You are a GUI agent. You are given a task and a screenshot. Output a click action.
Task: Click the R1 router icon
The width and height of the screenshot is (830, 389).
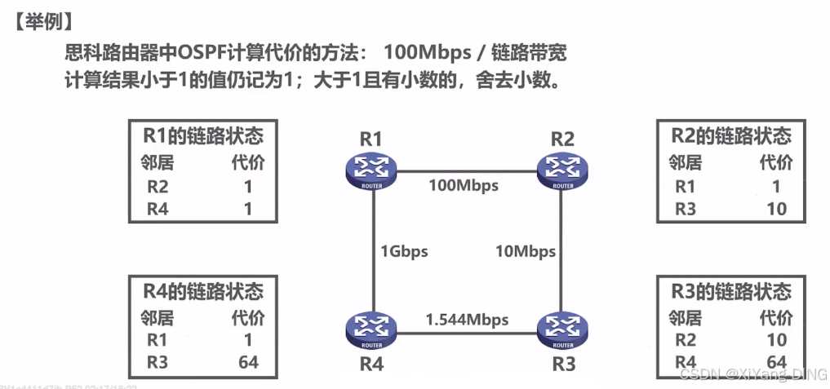click(371, 170)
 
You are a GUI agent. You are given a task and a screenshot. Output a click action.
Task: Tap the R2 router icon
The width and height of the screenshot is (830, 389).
click(562, 170)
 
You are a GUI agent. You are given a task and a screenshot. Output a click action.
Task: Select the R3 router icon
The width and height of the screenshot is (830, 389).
click(562, 329)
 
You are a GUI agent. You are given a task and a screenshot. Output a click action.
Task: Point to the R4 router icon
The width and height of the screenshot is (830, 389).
click(371, 329)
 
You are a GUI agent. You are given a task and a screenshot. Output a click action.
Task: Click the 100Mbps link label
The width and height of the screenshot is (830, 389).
click(464, 185)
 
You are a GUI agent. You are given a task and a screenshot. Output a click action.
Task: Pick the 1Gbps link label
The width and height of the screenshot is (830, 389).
click(402, 251)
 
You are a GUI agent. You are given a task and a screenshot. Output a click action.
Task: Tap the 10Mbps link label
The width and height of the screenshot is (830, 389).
click(526, 251)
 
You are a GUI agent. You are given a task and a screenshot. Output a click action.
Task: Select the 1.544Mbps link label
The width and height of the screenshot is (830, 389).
click(467, 319)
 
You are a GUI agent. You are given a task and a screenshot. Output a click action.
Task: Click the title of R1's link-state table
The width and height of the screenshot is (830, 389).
click(203, 135)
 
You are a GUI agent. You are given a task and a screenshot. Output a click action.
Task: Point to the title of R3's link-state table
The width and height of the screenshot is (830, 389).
click(730, 291)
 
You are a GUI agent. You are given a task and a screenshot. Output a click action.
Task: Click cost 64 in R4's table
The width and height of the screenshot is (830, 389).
click(247, 361)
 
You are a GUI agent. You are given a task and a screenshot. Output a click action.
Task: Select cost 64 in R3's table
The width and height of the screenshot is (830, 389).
click(776, 361)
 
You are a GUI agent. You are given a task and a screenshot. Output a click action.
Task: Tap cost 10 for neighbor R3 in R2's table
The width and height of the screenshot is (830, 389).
click(776, 209)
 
